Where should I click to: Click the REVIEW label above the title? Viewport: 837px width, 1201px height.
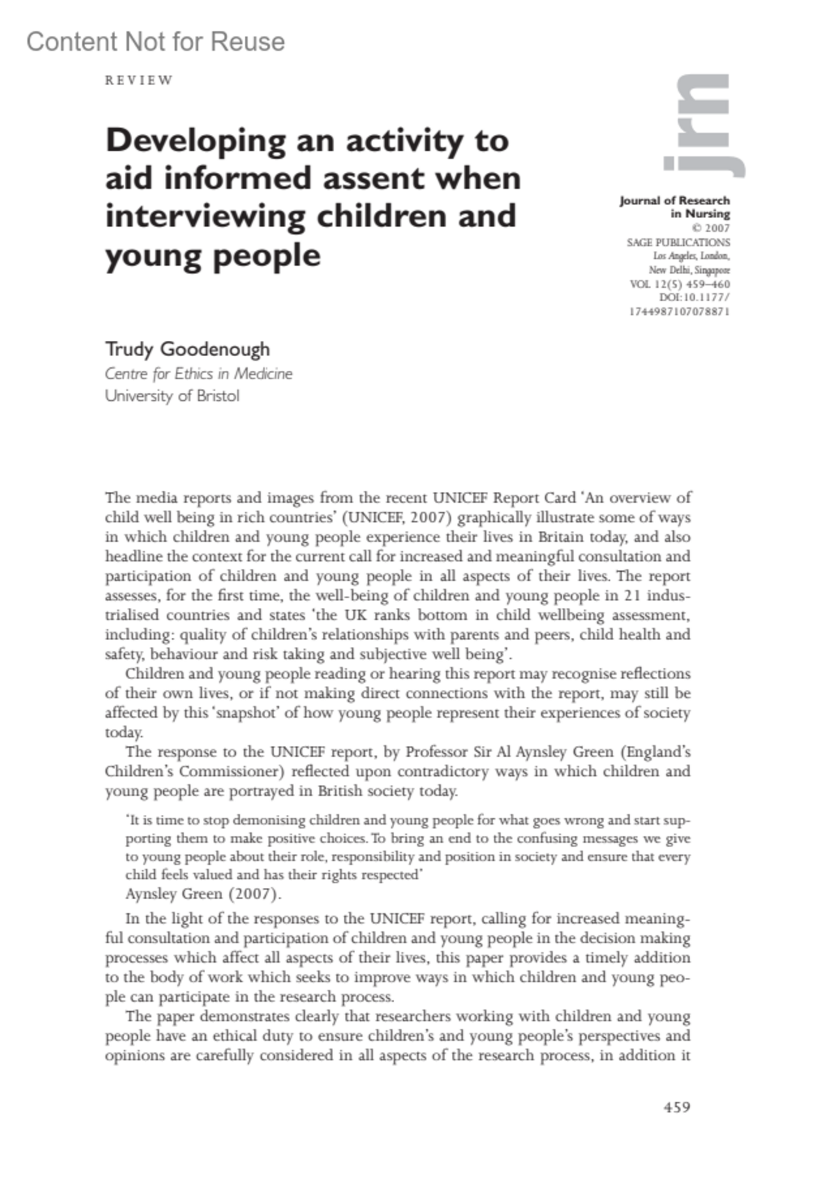[138, 80]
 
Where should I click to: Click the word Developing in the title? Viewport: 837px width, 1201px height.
[195, 141]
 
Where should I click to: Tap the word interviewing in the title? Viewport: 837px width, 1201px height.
[205, 216]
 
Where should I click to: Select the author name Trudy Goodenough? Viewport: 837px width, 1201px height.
[187, 349]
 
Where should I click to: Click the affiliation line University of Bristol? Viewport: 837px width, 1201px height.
[172, 396]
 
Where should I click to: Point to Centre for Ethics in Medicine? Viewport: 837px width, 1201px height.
[198, 374]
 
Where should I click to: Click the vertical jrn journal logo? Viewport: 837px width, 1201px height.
[702, 125]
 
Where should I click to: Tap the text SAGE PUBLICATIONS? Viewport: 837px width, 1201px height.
[678, 243]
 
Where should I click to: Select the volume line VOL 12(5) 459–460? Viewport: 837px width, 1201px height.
[679, 284]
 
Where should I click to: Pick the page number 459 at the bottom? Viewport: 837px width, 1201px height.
[677, 1107]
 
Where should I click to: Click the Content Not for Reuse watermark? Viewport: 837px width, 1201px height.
[156, 42]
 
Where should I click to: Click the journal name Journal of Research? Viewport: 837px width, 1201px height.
[674, 201]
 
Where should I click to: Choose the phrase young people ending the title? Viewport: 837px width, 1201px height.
[213, 255]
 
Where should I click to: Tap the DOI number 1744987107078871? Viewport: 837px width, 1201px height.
[679, 312]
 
